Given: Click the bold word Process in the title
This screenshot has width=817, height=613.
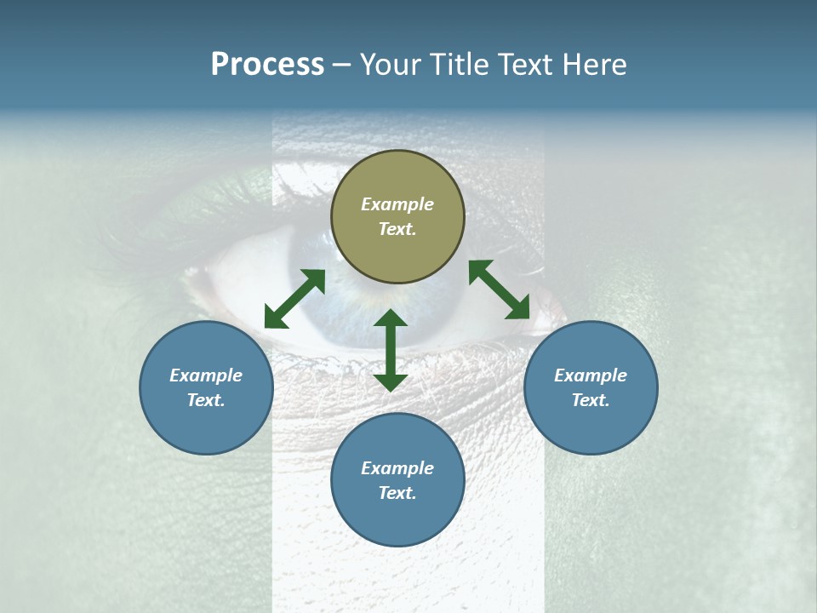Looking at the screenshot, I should coord(267,65).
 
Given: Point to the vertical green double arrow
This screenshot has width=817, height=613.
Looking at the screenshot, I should coord(391,350).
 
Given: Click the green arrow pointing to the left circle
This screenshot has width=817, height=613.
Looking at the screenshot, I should coord(294,299).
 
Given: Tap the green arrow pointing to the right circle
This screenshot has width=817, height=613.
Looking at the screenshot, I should coord(500,289).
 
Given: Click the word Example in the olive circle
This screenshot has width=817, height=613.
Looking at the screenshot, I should coord(397,204).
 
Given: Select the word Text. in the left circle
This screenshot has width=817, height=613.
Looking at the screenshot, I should coord(206,400).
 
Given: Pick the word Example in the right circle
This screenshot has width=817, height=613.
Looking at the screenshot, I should coord(591,375).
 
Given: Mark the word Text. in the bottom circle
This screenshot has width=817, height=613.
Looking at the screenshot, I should coord(397,493).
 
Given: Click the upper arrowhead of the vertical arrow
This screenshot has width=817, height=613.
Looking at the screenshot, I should coord(391,318).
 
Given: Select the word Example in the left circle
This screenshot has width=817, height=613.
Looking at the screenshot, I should coord(206,375).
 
